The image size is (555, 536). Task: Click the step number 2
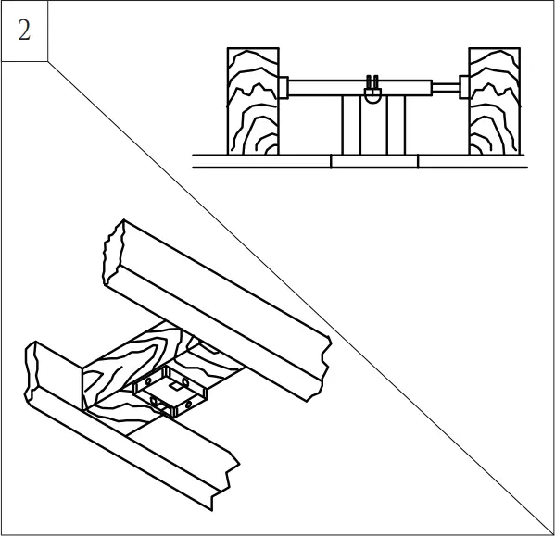[24, 30]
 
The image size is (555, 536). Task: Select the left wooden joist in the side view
[253, 102]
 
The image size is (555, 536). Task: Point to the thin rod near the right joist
[448, 88]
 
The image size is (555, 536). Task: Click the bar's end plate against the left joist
[284, 87]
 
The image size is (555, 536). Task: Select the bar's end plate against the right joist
[462, 88]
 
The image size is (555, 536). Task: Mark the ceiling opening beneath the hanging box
[374, 161]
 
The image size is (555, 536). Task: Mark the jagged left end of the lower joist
[32, 370]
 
